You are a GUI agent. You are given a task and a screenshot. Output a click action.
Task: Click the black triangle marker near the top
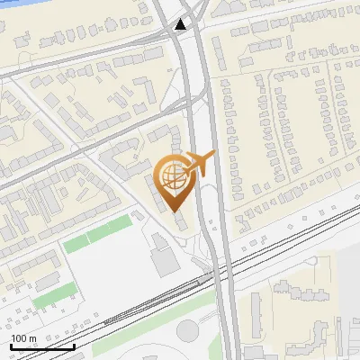tap(182, 24)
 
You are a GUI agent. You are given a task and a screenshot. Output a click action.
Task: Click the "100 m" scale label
tap(23, 338)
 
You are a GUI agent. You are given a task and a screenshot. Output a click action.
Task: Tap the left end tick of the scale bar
tap(10, 346)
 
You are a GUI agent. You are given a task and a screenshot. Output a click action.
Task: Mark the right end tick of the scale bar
tap(75, 346)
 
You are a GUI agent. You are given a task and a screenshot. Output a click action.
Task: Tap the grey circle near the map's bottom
tap(187, 330)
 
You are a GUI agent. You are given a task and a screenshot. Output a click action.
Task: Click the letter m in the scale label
tap(31, 338)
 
